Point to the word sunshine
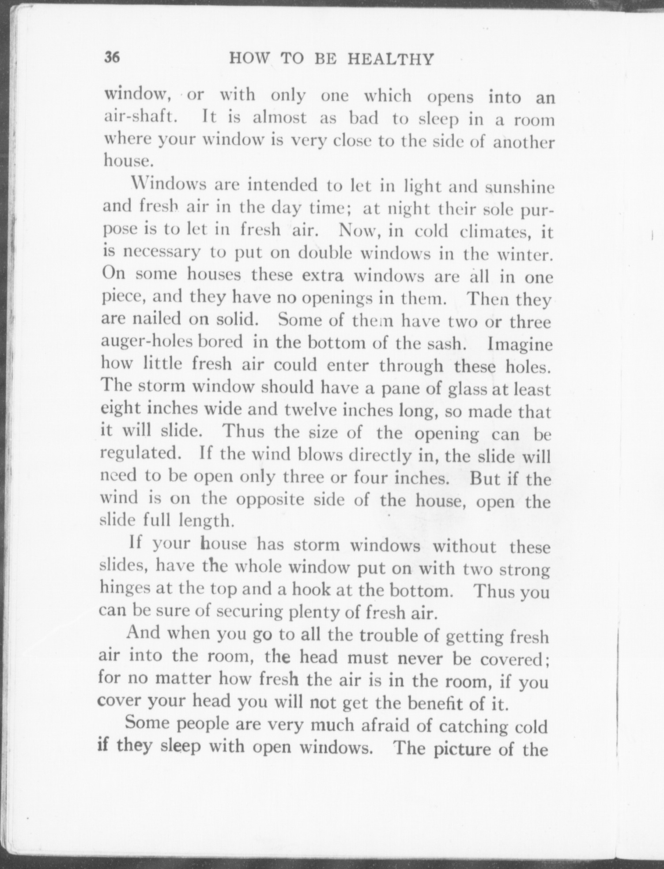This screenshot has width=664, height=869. click(519, 187)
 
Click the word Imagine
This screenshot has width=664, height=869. click(520, 344)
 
